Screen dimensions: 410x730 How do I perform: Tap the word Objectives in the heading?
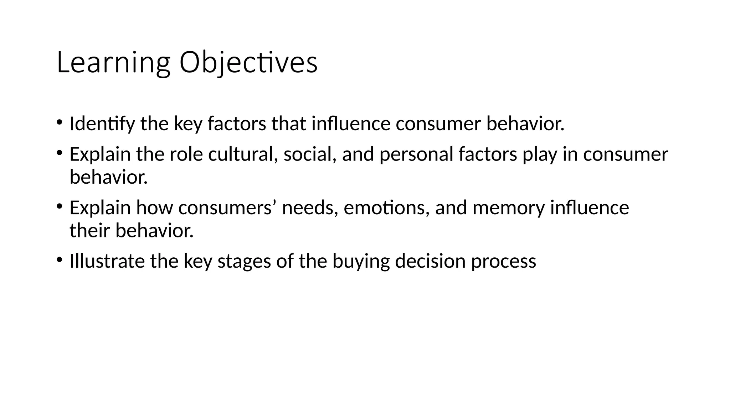pyautogui.click(x=248, y=63)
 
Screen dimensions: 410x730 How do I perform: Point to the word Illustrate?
pyautogui.click(x=107, y=261)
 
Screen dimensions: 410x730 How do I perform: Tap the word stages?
pyautogui.click(x=244, y=262)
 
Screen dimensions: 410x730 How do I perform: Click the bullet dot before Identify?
pyautogui.click(x=59, y=122)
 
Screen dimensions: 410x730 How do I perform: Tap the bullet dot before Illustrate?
pyautogui.click(x=59, y=259)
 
